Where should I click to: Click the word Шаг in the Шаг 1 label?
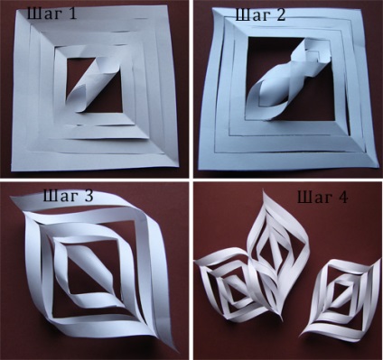41,14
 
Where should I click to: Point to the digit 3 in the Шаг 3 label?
87,196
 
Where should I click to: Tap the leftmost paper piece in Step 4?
229,285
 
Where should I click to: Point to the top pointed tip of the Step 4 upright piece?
264,191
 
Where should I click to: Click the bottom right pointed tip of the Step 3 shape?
176,350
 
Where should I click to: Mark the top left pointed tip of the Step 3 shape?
11,198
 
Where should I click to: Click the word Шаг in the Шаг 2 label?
250,15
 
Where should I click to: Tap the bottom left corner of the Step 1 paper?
12,170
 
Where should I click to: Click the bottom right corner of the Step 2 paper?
376,168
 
